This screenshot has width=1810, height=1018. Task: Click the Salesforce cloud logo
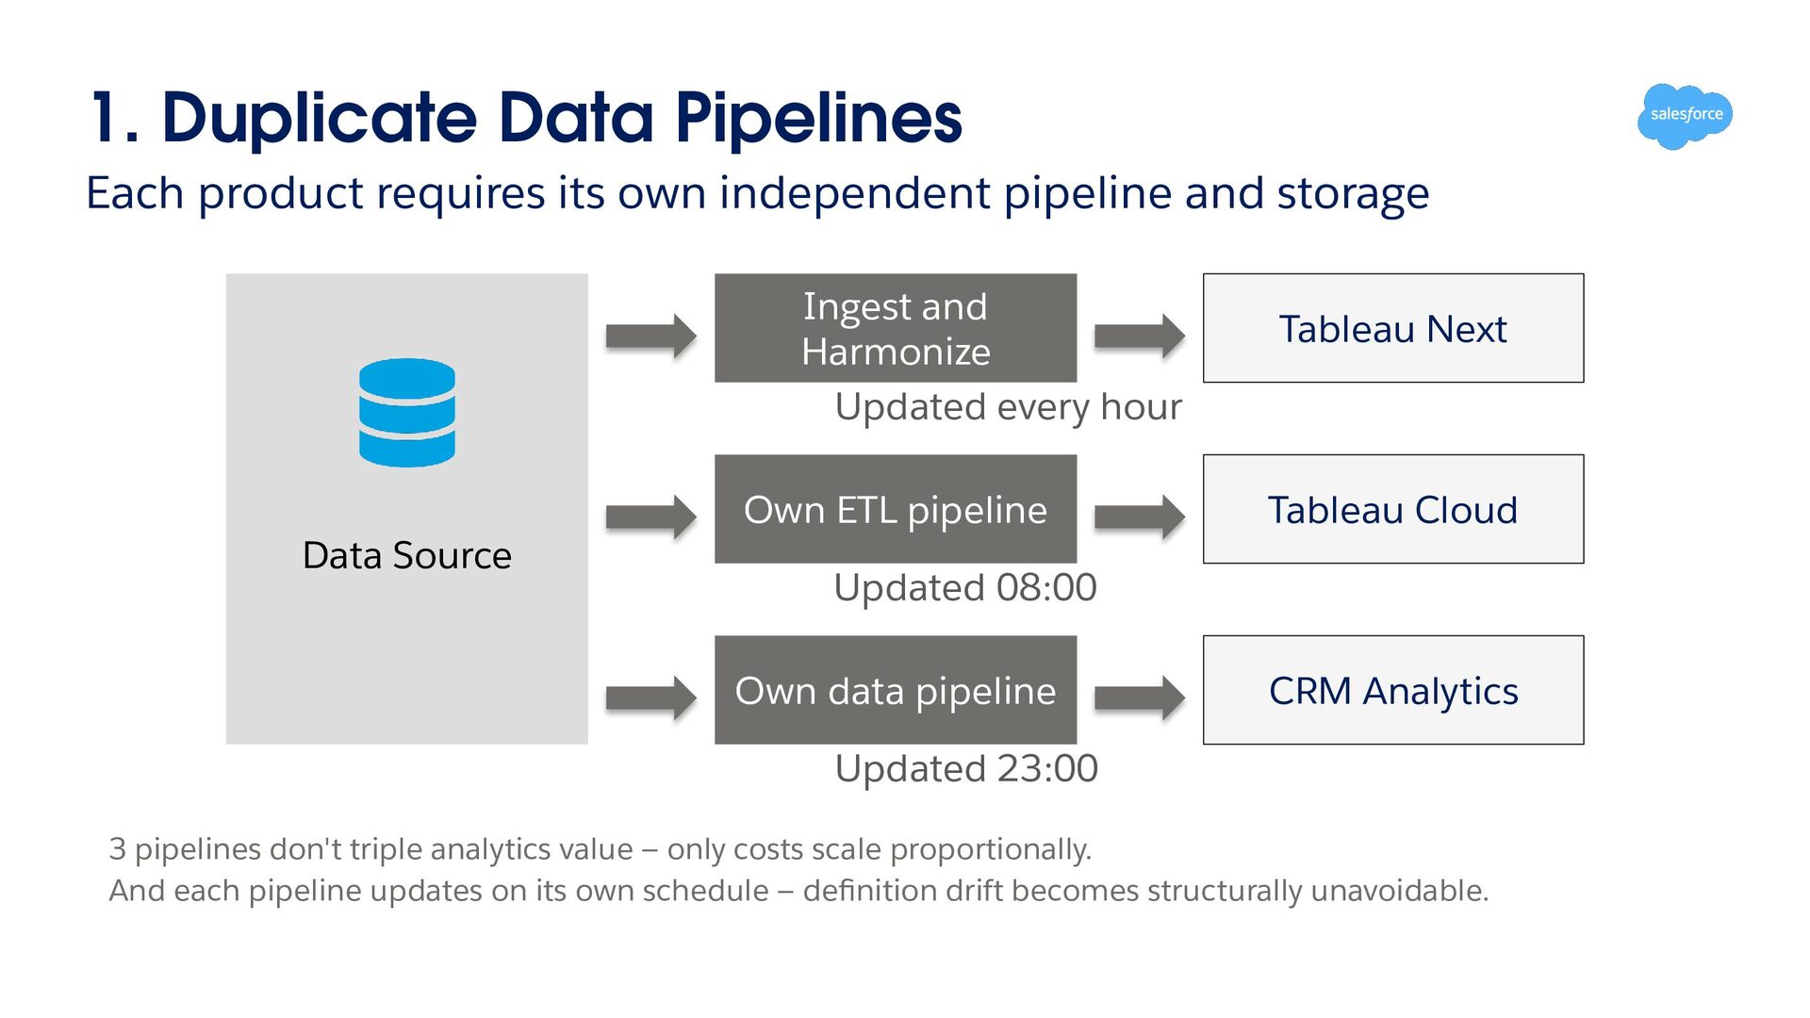pyautogui.click(x=1686, y=116)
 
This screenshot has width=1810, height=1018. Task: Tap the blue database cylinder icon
pyautogui.click(x=407, y=413)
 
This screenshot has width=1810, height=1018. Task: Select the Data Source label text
pyautogui.click(x=407, y=555)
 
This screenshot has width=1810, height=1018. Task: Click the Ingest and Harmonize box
pyautogui.click(x=896, y=328)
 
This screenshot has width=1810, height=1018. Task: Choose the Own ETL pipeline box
pyautogui.click(x=896, y=509)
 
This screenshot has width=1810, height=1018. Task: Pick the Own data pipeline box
pyautogui.click(x=896, y=690)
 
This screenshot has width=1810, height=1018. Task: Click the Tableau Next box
pyautogui.click(x=1393, y=328)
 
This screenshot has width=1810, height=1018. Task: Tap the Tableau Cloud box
pyautogui.click(x=1393, y=509)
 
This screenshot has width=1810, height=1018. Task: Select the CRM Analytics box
pyautogui.click(x=1393, y=690)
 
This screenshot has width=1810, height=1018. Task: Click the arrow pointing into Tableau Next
pyautogui.click(x=1140, y=336)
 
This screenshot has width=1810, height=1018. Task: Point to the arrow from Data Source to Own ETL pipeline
pyautogui.click(x=651, y=517)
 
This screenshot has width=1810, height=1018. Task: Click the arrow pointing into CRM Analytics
pyautogui.click(x=1140, y=698)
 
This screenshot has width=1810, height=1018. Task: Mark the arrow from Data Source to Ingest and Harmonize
pyautogui.click(x=651, y=336)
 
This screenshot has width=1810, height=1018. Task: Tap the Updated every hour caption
pyautogui.click(x=1008, y=407)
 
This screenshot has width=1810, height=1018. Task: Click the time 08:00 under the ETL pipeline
pyautogui.click(x=1046, y=587)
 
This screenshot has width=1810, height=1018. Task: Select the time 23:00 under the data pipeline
pyautogui.click(x=1047, y=768)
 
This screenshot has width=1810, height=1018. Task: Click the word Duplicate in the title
pyautogui.click(x=320, y=118)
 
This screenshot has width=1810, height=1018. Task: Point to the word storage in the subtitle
pyautogui.click(x=1353, y=194)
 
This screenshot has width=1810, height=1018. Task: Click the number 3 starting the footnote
pyautogui.click(x=117, y=849)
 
